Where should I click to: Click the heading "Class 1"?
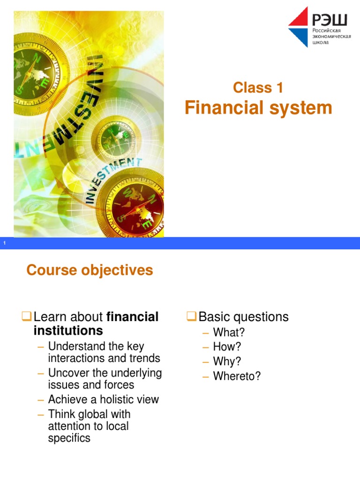coord(258,88)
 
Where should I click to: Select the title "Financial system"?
coord(258,108)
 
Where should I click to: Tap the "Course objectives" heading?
coord(90,270)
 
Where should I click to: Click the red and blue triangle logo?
coord(298,26)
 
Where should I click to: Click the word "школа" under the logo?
coord(321,43)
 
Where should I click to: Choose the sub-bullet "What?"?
coord(229,332)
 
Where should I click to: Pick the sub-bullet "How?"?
coord(227,347)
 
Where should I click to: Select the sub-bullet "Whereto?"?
coord(237,376)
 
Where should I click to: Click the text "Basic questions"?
coord(243,317)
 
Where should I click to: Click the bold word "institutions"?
coord(68,331)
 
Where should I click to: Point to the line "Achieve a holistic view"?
coord(104,399)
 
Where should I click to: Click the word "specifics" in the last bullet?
coord(69,438)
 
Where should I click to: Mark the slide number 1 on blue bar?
coord(4,243)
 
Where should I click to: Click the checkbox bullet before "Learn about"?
coord(28,317)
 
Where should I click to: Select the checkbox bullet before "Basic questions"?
coord(192,317)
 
